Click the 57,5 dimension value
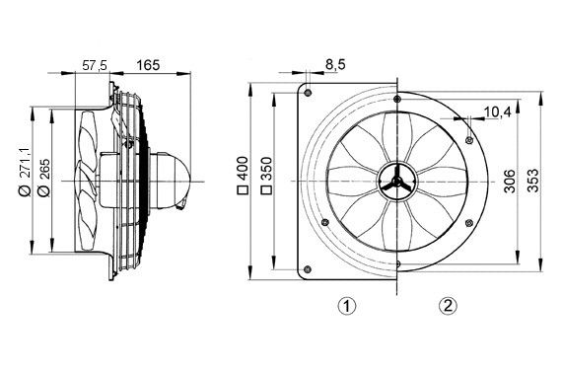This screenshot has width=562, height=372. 94,64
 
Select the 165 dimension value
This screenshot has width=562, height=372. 148,64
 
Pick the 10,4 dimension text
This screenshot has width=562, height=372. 498,113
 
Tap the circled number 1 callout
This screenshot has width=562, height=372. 345,306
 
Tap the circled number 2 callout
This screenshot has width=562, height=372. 449,306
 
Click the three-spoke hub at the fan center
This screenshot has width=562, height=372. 394,182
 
